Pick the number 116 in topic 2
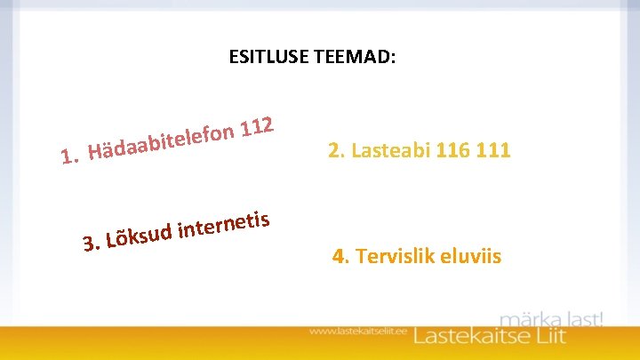453,150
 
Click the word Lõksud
138,236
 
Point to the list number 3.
89,243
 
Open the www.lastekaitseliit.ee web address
357,332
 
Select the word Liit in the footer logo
581,337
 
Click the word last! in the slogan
582,318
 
